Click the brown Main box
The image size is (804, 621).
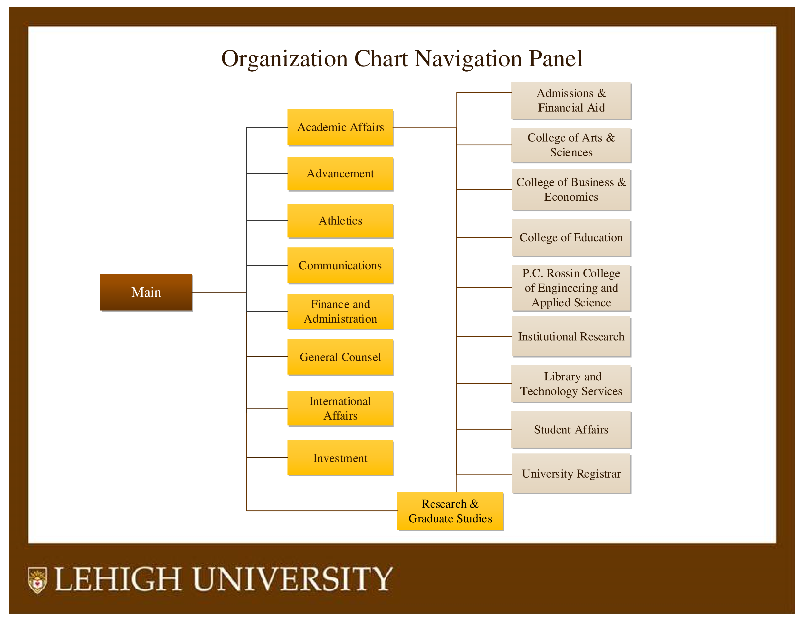coord(146,292)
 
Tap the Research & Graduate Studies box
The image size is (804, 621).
coord(450,511)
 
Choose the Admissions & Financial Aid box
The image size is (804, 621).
coord(571,100)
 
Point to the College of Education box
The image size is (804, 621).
coord(571,238)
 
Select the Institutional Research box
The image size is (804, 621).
coord(571,337)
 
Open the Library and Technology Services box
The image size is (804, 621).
coord(571,384)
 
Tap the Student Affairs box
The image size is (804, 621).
coord(571,429)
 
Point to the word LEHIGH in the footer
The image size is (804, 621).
coord(118,579)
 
